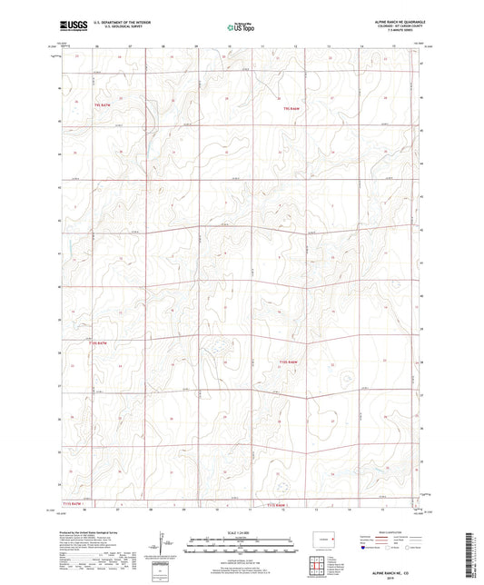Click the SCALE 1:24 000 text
click(x=240, y=531)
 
